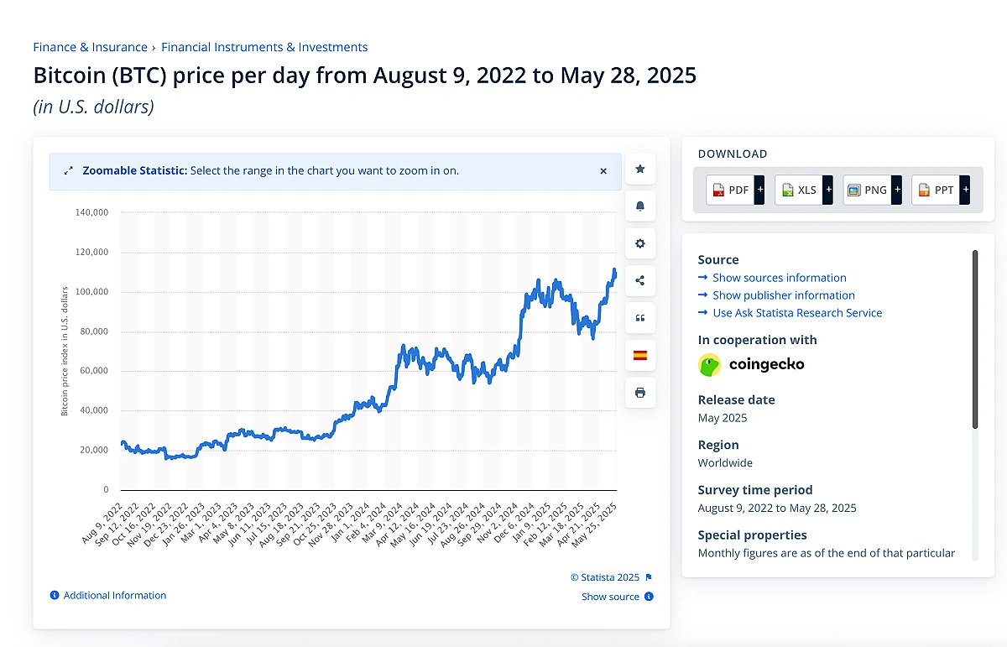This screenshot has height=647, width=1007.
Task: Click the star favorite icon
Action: [640, 170]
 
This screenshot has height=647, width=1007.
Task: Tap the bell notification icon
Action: [640, 206]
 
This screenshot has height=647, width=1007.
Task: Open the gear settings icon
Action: [640, 243]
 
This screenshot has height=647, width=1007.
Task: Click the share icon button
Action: [640, 281]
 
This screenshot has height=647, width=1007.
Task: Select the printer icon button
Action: [640, 393]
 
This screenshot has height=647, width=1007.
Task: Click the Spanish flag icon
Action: [640, 355]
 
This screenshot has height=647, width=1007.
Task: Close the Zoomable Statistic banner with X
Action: [603, 171]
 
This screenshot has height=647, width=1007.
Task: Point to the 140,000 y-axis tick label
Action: [91, 213]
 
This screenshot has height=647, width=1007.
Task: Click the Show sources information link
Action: [779, 278]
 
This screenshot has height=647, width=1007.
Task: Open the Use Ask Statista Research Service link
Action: [796, 313]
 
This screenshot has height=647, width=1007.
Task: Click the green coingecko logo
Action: [710, 364]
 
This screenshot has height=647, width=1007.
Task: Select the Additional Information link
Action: [114, 596]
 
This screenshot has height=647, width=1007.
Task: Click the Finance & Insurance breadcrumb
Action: [90, 48]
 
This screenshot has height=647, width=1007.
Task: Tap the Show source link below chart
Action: [610, 597]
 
